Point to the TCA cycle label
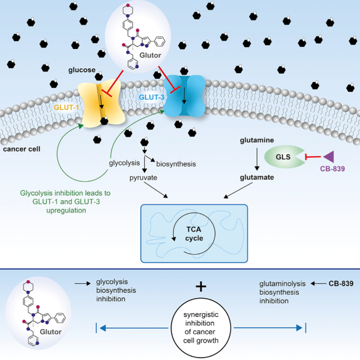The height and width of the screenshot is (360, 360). pos(194,234)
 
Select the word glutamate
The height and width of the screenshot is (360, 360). pos(256,178)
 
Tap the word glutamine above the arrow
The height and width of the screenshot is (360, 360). pos(256,140)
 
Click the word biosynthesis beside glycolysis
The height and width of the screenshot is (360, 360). pos(176,164)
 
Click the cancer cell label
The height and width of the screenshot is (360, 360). pos(22,149)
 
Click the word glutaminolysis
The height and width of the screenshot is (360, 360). pos(282,284)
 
